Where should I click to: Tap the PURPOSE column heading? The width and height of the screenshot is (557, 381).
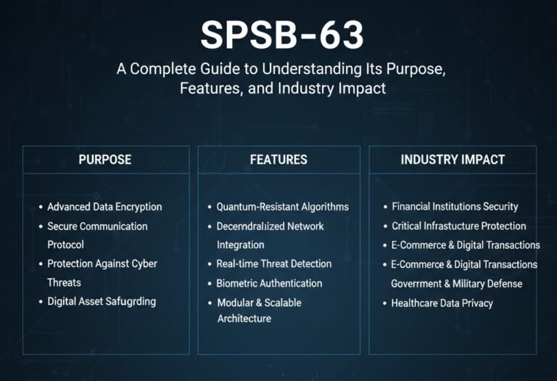coord(105,159)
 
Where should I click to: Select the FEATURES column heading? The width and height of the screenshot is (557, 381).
coord(278,159)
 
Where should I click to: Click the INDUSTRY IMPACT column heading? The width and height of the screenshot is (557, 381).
coord(453,159)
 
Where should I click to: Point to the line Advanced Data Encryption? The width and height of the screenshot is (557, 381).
coord(104,207)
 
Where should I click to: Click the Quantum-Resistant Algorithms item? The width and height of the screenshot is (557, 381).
coord(282,207)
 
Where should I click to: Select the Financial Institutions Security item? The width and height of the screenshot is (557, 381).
coord(455,207)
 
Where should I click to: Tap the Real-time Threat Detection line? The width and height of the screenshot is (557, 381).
coord(273,263)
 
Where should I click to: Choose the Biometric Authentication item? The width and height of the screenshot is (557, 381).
coord(269,283)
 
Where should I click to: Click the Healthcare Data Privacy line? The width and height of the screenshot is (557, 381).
coord(442,303)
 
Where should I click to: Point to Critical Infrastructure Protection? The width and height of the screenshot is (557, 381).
coord(458,226)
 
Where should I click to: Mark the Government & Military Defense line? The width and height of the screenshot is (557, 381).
coord(456,283)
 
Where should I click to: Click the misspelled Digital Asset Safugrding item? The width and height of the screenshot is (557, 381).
coord(101,301)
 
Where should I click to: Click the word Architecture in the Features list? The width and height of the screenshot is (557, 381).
coord(244,319)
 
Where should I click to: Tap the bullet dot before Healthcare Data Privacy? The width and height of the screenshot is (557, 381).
coord(384,303)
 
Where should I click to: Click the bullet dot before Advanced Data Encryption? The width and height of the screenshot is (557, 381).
coord(40,207)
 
